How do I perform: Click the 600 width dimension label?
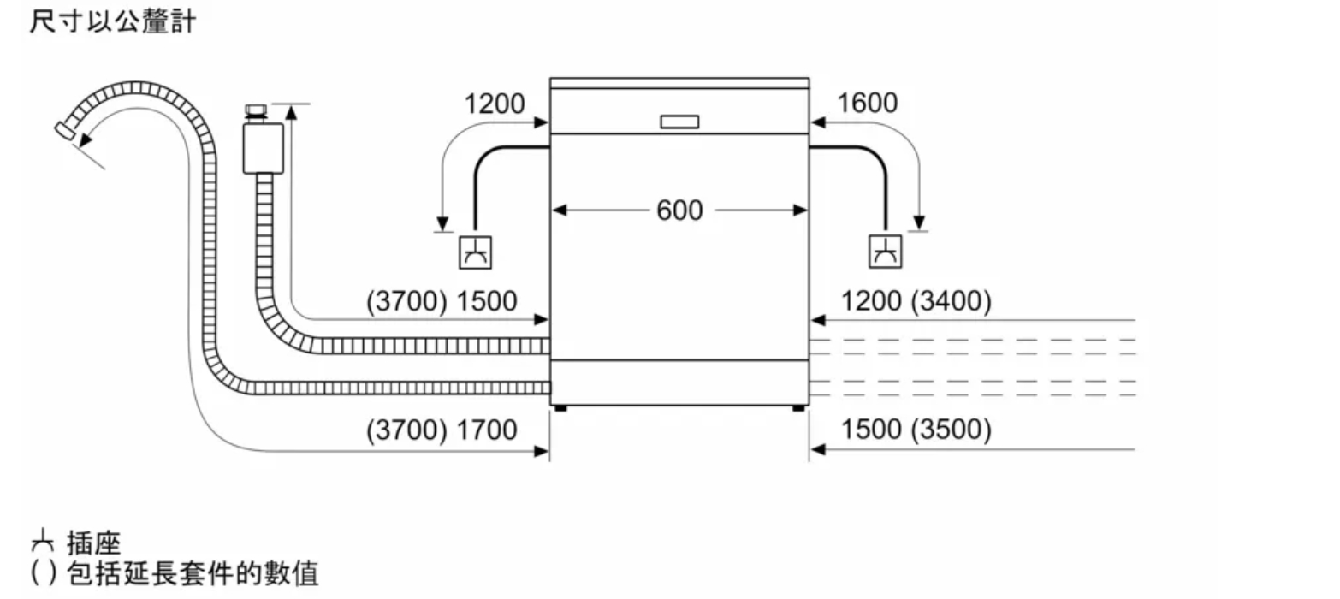click(679, 211)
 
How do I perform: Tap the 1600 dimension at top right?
click(867, 103)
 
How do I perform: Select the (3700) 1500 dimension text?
click(442, 301)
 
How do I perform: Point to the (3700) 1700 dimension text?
click(442, 430)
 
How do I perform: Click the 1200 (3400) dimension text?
click(916, 301)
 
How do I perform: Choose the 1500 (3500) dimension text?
click(916, 430)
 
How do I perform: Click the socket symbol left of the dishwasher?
click(475, 252)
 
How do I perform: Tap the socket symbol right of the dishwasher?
click(886, 252)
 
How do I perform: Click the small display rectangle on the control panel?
click(679, 122)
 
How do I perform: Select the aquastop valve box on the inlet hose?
click(264, 148)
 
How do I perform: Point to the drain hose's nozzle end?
click(65, 130)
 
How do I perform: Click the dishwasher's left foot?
click(560, 408)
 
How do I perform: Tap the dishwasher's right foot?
click(798, 408)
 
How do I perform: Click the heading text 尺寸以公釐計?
click(112, 21)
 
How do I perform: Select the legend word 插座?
click(94, 544)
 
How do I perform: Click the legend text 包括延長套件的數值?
click(193, 574)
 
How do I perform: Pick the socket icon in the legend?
click(42, 542)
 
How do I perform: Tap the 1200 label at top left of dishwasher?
click(494, 104)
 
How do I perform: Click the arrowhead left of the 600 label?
click(560, 210)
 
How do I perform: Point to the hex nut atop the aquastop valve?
click(256, 110)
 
